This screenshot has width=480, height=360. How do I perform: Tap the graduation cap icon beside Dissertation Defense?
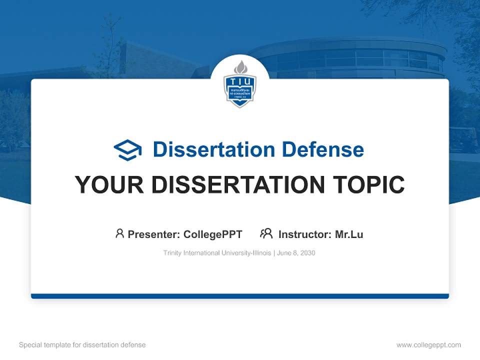[128, 150]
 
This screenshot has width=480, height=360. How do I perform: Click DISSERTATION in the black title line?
[233, 185]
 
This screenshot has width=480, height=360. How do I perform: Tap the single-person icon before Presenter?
[119, 233]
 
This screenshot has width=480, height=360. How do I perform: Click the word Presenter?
[154, 234]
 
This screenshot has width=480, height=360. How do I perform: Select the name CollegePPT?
[213, 234]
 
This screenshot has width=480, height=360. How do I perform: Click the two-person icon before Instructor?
[266, 233]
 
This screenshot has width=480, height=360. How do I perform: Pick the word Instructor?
[305, 234]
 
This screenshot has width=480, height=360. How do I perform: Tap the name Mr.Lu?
[349, 234]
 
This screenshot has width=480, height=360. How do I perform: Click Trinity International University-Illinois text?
[217, 253]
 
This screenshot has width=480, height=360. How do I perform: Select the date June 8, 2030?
[296, 253]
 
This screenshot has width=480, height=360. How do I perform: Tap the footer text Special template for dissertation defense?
[82, 345]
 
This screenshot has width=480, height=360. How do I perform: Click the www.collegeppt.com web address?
[428, 345]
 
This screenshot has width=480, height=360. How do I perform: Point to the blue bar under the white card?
[240, 296]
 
